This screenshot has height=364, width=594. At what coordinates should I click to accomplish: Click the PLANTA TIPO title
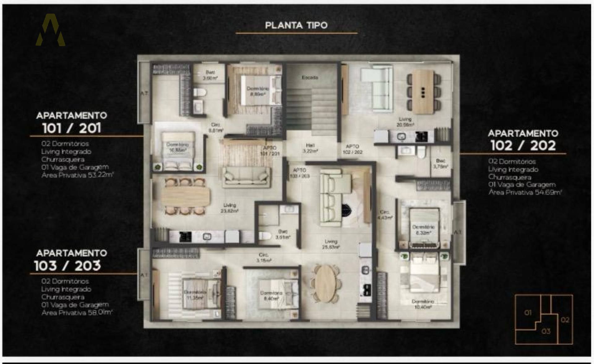[x=296, y=25]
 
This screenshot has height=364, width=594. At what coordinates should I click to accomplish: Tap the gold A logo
[x=50, y=30]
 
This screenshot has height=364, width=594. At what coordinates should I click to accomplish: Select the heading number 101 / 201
[x=71, y=128]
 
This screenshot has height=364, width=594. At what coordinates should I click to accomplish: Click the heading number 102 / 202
[x=523, y=146]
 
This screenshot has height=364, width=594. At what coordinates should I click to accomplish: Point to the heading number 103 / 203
[x=67, y=266]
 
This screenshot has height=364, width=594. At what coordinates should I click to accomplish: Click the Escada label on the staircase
[x=310, y=77]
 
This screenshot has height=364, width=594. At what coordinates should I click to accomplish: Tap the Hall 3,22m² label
[x=310, y=148]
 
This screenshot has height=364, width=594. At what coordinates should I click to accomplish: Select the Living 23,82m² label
[x=229, y=208]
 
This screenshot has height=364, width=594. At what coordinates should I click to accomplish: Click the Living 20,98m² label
[x=405, y=122]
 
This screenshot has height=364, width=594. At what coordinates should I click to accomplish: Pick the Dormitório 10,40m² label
[x=423, y=304]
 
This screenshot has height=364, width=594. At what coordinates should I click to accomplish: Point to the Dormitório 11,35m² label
[x=195, y=295]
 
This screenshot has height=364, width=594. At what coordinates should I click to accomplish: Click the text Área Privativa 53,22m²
[x=78, y=175]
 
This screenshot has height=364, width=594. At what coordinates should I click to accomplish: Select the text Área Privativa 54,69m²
[x=525, y=192]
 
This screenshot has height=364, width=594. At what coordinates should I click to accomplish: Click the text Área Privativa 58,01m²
[x=77, y=313]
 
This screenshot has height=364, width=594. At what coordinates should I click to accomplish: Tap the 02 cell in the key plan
[x=565, y=320]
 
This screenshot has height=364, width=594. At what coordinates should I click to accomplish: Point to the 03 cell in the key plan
[x=546, y=331]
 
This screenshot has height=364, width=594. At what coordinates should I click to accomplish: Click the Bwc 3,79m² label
[x=441, y=164]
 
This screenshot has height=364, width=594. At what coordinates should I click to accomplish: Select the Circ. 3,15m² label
[x=264, y=258]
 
